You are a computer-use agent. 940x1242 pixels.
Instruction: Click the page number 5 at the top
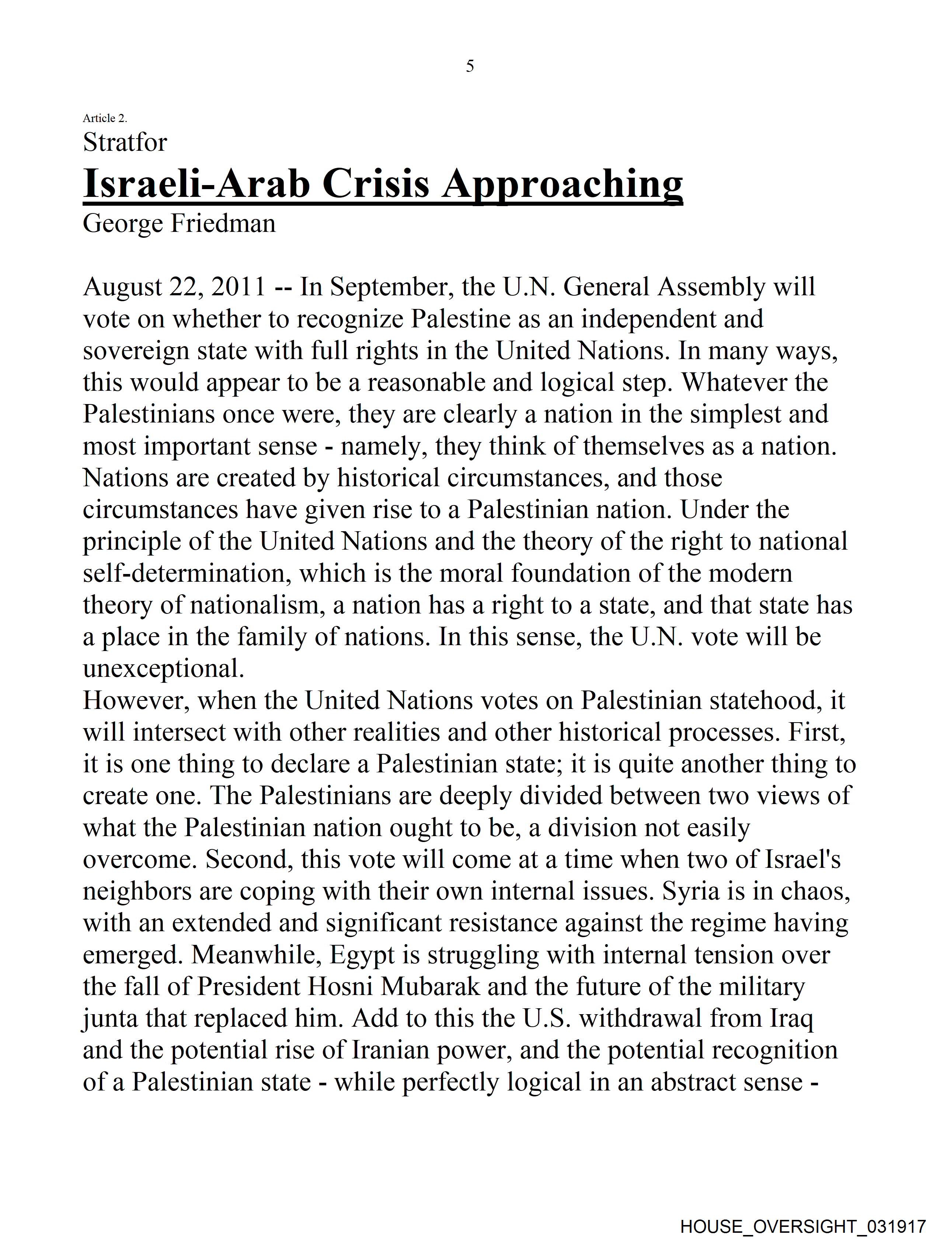tap(470, 66)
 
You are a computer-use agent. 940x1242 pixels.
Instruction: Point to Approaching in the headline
tap(562, 184)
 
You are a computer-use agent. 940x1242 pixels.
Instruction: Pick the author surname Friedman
tap(223, 223)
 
